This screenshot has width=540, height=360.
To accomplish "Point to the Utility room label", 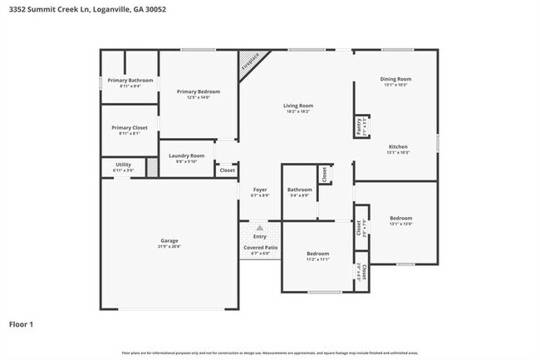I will (x=123, y=165).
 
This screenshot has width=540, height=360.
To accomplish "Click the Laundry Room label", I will (x=186, y=155).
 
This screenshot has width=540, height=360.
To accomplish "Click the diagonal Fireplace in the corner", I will (x=250, y=62).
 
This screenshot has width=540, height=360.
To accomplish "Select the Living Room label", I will (x=297, y=106).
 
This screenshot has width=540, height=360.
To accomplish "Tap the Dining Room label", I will (x=395, y=79).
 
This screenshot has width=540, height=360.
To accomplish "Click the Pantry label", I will (x=359, y=126).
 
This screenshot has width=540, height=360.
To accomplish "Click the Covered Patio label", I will (x=260, y=247).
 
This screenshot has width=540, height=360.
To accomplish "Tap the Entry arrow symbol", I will (x=260, y=227).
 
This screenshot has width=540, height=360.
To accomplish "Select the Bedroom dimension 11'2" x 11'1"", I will (x=317, y=259).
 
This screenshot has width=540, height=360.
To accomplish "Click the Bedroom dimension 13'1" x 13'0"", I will (x=400, y=224).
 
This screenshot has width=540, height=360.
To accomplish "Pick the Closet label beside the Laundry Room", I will (x=227, y=170).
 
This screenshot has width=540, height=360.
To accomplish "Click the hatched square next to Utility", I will (x=152, y=166).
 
